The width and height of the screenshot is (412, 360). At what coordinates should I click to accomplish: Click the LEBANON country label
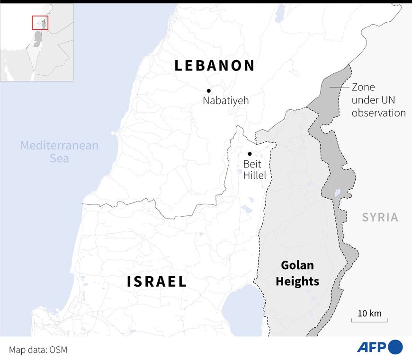pyautogui.click(x=215, y=66)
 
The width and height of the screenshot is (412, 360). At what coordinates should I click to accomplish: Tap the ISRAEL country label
pyautogui.click(x=157, y=282)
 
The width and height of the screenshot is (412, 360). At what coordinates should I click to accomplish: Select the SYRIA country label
pyautogui.click(x=380, y=218)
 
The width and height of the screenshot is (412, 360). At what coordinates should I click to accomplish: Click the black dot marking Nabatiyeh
pyautogui.click(x=208, y=90)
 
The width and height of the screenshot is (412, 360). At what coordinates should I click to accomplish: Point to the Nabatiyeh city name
pyautogui.click(x=225, y=101)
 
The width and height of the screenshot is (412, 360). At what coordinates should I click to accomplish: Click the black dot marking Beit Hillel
pyautogui.click(x=250, y=154)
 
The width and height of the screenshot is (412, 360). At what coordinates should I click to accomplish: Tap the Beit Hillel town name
pyautogui.click(x=255, y=170)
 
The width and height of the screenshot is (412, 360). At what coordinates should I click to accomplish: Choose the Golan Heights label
pyautogui.click(x=297, y=273)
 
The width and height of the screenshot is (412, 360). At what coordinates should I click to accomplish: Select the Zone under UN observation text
pyautogui.click(x=378, y=100)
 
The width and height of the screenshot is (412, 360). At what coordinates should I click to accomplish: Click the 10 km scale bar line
pyautogui.click(x=366, y=321)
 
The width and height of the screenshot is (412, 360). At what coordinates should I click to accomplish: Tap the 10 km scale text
pyautogui.click(x=369, y=313)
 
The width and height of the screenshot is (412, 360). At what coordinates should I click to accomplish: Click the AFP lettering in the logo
pyautogui.click(x=371, y=347)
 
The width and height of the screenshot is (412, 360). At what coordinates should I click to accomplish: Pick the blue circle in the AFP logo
pyautogui.click(x=395, y=347)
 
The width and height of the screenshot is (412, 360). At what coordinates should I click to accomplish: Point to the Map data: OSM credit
pyautogui.click(x=38, y=350)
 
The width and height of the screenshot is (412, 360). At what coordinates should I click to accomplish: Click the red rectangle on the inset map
pyautogui.click(x=40, y=22)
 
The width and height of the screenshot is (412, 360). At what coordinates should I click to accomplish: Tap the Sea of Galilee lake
pyautogui.click(x=242, y=312)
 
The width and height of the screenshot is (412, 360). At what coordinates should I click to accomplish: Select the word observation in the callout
pyautogui.click(x=378, y=113)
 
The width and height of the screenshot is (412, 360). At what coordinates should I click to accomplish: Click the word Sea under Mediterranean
pyautogui.click(x=59, y=158)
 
